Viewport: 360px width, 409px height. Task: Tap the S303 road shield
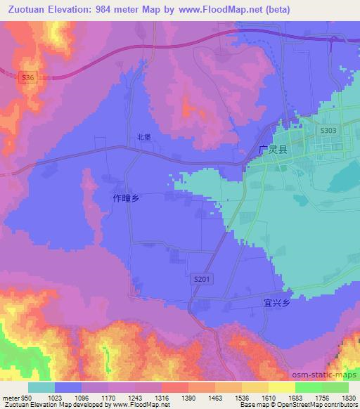pyautogui.click(x=328, y=131)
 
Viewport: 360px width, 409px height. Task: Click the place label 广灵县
pyautogui.click(x=273, y=149)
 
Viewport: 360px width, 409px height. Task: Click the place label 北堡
pyautogui.click(x=143, y=138)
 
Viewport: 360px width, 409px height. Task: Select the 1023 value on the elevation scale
pyautogui.click(x=56, y=398)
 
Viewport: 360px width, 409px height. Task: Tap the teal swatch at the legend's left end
pyautogui.click(x=41, y=387)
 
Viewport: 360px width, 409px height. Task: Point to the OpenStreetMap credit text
pyautogui.click(x=330, y=405)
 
